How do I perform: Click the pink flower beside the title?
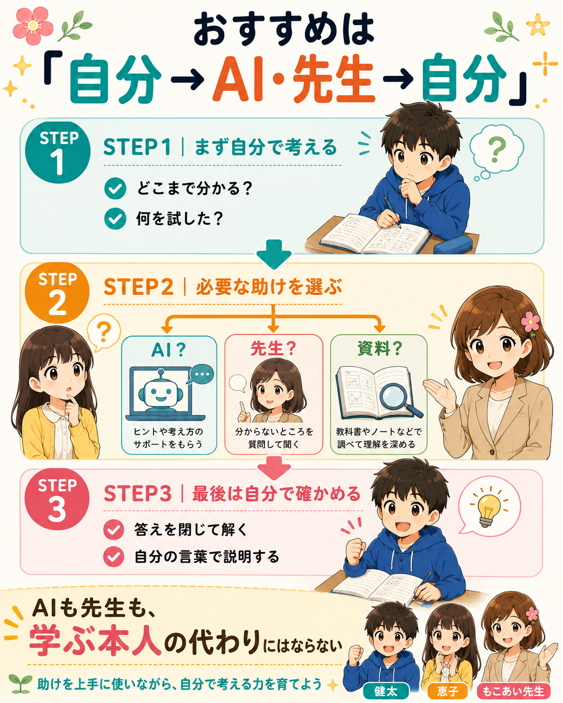pos(33,26)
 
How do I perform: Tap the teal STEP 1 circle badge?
pos(58,152)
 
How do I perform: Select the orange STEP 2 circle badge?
pos(57,293)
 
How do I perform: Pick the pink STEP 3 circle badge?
pos(57,499)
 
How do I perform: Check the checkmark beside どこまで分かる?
pos(115,189)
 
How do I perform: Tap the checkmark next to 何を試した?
pos(115,218)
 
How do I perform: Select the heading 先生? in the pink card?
pos(273,348)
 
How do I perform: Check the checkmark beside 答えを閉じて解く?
pos(113,529)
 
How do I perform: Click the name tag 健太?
pos(386,690)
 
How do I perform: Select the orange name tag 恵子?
pos(448,690)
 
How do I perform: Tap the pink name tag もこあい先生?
pos(513,690)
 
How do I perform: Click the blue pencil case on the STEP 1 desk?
pos(454,244)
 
